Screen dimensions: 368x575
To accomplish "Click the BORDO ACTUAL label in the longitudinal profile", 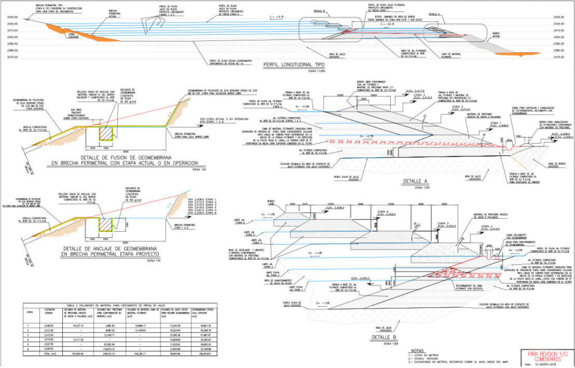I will coord(496,34).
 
